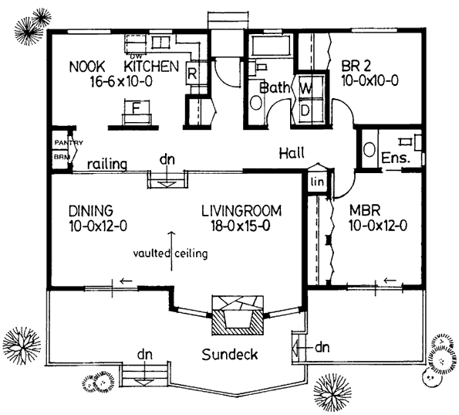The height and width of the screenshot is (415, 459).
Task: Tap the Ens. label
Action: pos(395,158)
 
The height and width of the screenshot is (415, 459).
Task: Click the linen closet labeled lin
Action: pos(316,182)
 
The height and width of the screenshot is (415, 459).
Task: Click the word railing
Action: pos(106,164)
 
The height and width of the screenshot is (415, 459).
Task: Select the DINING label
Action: pos(89,210)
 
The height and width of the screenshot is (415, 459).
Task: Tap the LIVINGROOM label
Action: pos(241,210)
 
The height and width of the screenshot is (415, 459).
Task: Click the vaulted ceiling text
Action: pos(169,253)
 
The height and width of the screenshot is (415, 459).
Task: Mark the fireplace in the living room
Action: pos(236,312)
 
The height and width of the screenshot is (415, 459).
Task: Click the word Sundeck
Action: pos(229,355)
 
